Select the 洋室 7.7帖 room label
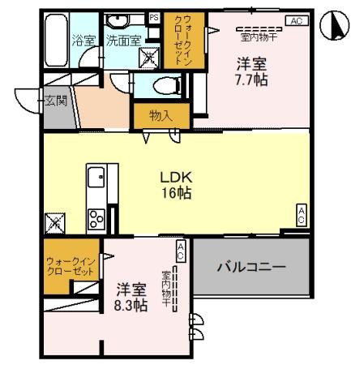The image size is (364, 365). (252, 71)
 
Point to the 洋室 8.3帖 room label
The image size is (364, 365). (131, 297)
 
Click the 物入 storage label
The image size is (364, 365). (161, 115)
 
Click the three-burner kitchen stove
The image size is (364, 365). (96, 218)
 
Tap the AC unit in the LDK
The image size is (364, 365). (300, 214)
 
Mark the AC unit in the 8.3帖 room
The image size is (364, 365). (181, 251)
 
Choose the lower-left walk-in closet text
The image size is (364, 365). (70, 265)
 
